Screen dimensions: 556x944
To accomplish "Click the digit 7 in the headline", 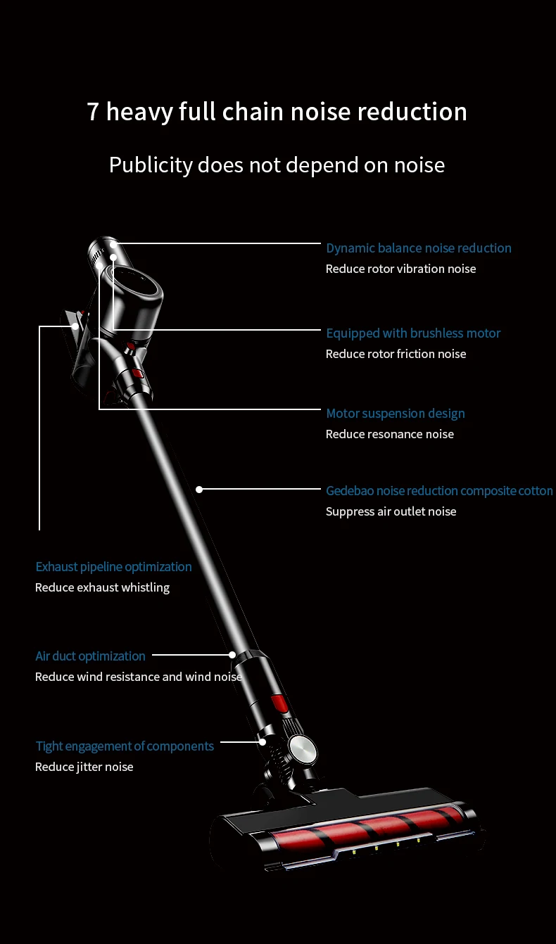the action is (93, 112).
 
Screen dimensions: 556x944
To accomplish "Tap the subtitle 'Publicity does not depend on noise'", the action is (277, 165).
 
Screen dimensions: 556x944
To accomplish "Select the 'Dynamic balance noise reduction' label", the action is (418, 248).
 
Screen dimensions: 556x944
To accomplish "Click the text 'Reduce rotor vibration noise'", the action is (400, 269).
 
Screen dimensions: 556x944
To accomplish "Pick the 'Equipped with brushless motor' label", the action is (413, 333).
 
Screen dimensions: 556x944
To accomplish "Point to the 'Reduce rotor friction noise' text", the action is (396, 354).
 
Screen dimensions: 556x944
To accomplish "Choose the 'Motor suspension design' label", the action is (395, 414).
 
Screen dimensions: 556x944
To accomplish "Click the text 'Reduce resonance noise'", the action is (389, 434).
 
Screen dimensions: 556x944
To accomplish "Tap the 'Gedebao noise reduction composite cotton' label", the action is (439, 491).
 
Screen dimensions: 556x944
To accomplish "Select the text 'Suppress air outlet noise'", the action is (391, 511).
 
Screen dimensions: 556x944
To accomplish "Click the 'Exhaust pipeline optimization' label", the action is (113, 567).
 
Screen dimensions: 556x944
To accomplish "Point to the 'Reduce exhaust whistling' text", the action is (102, 587).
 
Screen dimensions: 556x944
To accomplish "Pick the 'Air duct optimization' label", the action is (90, 656).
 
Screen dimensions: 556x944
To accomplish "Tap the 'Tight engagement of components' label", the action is (125, 746).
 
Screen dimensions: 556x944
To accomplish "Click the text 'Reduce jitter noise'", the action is (84, 767).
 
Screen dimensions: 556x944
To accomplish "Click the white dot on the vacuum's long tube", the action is (199, 489).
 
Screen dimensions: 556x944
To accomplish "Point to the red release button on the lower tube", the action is (279, 702).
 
